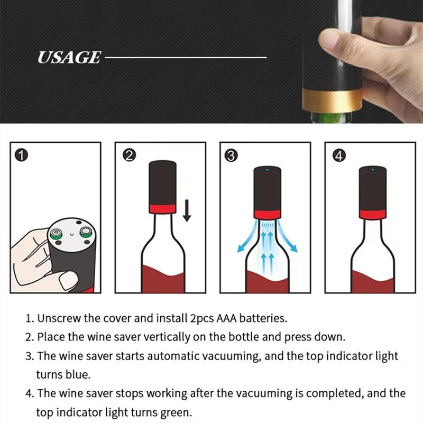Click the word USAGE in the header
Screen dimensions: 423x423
(69, 57)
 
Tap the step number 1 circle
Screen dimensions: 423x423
(22, 155)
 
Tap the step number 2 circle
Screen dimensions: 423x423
(128, 155)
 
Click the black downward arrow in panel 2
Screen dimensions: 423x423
(186, 212)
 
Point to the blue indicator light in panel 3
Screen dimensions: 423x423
(267, 170)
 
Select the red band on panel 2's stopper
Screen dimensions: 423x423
(163, 206)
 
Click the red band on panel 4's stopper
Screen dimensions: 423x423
(374, 214)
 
